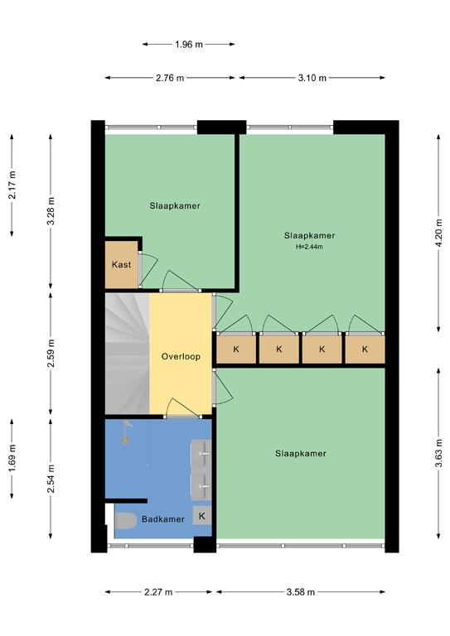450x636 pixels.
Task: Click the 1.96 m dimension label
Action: [189, 44]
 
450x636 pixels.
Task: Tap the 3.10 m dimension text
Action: [312, 78]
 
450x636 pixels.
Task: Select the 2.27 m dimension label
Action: [158, 592]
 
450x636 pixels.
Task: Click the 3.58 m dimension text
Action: [301, 592]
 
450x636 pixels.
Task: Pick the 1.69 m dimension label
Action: [12, 458]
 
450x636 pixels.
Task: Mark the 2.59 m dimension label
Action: [51, 354]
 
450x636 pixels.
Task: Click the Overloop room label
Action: [181, 357]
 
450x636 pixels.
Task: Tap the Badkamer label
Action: [163, 519]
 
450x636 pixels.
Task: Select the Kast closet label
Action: [121, 265]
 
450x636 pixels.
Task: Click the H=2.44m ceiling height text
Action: [310, 247]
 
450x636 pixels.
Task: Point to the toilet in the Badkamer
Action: [126, 521]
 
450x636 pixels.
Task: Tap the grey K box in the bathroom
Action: [202, 516]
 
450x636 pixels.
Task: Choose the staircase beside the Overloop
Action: [127, 354]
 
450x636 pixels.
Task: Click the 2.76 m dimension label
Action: [170, 78]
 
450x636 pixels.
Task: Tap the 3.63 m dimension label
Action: [438, 453]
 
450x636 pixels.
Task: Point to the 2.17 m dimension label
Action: [12, 185]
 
